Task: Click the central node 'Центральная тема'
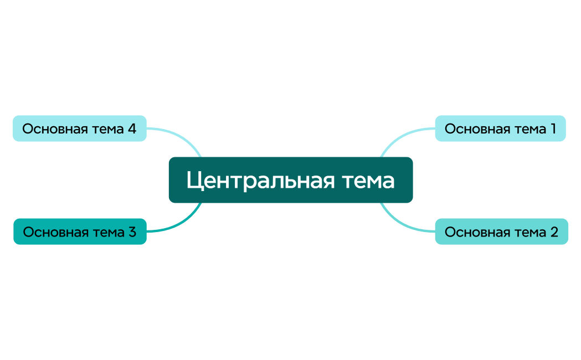[x=290, y=180]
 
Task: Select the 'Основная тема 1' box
[x=500, y=128]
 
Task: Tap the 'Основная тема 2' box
[x=501, y=232]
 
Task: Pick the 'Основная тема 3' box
[x=80, y=232]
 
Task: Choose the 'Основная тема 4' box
[x=79, y=128]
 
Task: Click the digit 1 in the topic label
[x=553, y=129]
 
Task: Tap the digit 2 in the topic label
[x=554, y=232]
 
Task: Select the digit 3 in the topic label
[x=132, y=232]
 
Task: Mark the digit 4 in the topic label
[x=132, y=129]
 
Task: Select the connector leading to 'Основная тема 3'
[x=177, y=225]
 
